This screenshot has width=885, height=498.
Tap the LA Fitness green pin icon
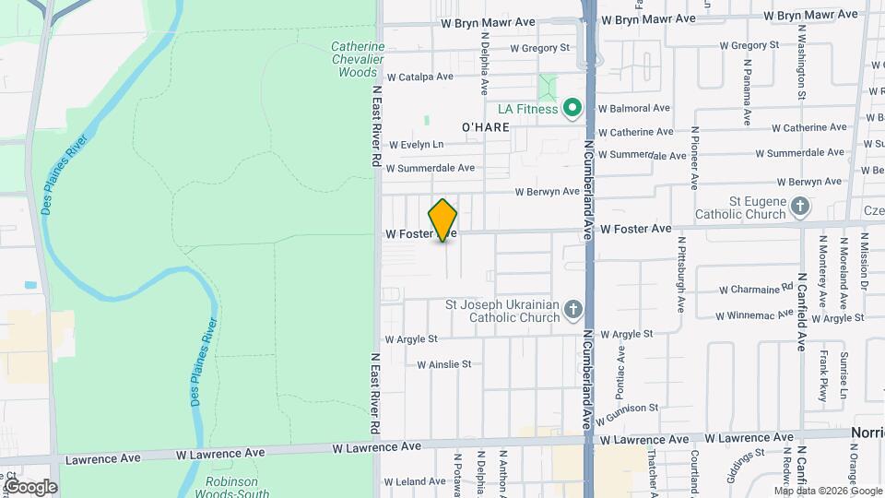[572, 109]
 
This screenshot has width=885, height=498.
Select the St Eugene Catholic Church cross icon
[800, 207]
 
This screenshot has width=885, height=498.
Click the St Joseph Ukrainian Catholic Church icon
[572, 309]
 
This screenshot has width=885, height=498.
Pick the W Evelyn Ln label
[416, 145]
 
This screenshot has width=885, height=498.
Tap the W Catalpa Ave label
[420, 77]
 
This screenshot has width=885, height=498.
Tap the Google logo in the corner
[29, 487]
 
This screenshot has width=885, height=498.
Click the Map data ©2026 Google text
[827, 492]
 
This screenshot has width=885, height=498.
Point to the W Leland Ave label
[415, 481]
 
